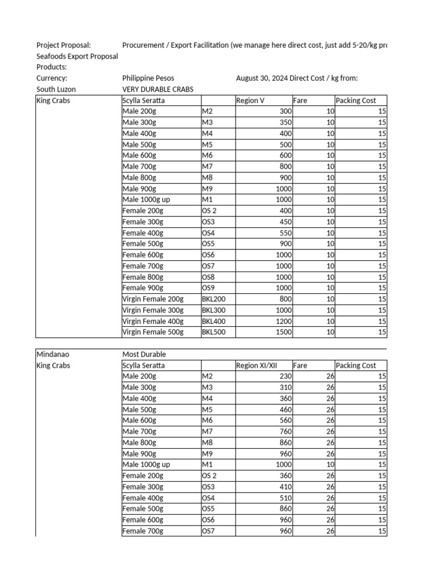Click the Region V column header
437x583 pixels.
coord(250,101)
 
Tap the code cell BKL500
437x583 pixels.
coord(214,332)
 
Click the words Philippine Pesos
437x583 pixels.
coord(148,79)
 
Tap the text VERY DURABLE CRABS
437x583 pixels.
coord(158,89)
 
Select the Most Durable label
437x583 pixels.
coord(144,354)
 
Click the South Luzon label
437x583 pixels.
coord(56,89)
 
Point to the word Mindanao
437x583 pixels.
coord(53,354)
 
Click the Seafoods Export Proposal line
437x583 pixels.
coord(77,56)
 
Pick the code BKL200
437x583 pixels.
coord(214,299)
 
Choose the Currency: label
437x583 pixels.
coord(52,79)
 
